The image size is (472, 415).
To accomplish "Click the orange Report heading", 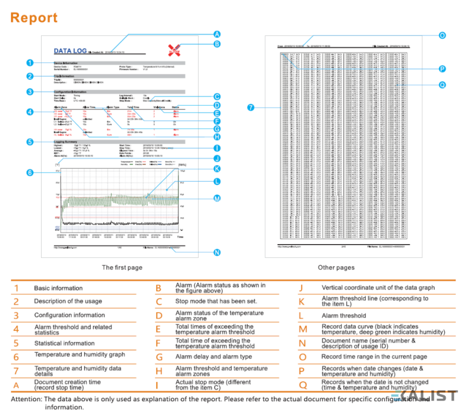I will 34,18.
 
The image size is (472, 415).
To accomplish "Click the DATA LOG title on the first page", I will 70,51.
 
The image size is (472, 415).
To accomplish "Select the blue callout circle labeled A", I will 217,34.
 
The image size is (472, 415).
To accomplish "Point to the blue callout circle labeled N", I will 217,252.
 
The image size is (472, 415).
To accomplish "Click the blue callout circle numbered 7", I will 250,107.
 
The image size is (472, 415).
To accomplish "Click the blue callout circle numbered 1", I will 29,62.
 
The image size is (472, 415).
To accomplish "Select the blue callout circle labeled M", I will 217,198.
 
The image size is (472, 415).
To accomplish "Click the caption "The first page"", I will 121,268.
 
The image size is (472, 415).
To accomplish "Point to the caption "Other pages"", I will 336,268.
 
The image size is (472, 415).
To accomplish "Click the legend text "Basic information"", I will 58,288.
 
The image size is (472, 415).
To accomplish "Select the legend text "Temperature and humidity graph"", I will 79,354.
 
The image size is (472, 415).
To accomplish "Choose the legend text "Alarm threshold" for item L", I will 343,316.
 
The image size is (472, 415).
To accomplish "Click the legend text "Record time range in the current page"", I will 374,357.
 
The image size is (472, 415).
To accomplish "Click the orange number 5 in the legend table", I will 17,343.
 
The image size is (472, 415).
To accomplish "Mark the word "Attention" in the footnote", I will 27,399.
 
